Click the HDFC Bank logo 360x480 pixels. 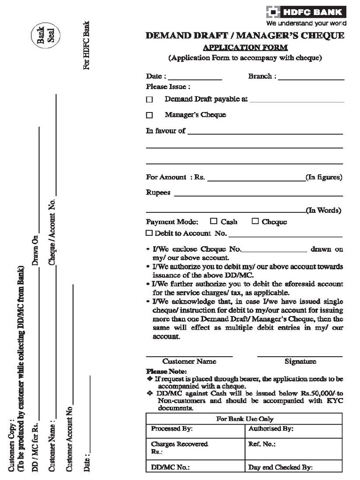click(306, 12)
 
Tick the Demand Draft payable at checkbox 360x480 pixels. click(150, 100)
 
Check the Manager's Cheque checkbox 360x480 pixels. click(150, 115)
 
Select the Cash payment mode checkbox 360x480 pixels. click(214, 221)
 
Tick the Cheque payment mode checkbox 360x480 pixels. click(255, 221)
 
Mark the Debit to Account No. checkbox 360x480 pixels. click(150, 233)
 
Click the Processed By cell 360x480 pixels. click(195, 429)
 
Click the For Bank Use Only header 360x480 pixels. click(244, 419)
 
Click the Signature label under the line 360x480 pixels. click(300, 361)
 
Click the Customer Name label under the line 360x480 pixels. click(189, 361)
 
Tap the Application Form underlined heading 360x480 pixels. click(245, 48)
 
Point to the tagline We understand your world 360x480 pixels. click(306, 22)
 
